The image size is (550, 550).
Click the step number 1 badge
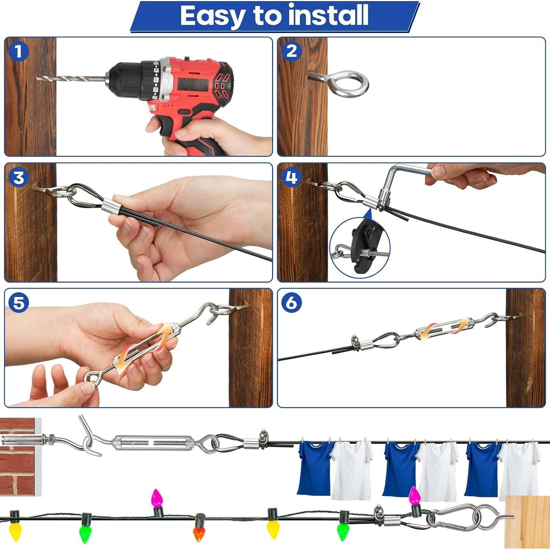point(18,51)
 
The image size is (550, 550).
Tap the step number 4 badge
point(291,177)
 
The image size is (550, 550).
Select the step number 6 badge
point(291,303)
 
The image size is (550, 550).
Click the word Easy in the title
point(212,16)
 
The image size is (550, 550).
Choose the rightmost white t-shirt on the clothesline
point(519,469)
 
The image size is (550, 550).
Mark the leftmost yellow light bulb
point(15,528)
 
